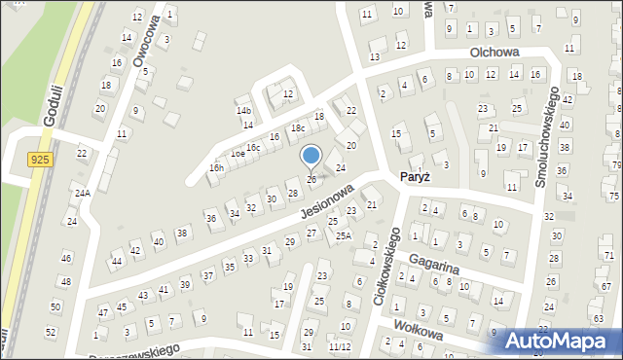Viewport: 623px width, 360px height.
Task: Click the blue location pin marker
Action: click(311, 157)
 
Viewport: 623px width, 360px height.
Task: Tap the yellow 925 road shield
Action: click(40, 159)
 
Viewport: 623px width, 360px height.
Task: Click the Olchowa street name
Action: click(494, 53)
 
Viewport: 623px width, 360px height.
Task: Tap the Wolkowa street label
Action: click(420, 331)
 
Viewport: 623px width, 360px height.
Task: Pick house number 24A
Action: click(82, 193)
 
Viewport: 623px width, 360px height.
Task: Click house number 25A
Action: click(343, 235)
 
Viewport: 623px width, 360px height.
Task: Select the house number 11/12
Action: click(339, 346)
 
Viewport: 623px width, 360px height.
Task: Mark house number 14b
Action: click(243, 111)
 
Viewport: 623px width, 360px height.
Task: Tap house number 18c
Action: click(298, 128)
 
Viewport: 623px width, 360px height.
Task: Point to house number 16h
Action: click(216, 167)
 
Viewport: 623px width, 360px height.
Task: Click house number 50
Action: click(55, 306)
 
